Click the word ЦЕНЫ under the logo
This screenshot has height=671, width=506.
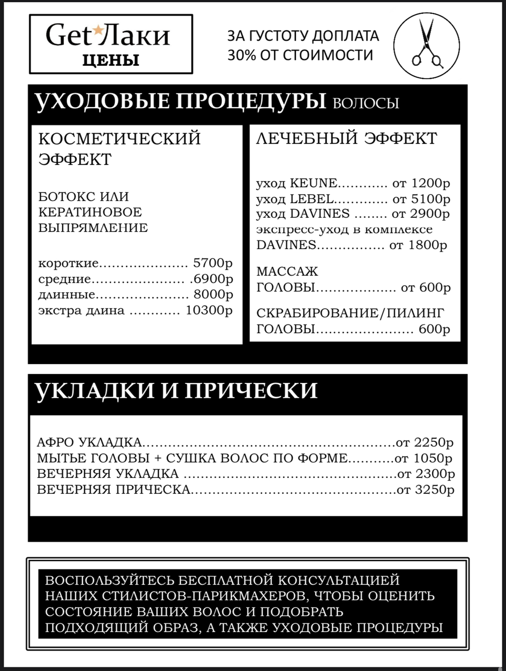coord(111,60)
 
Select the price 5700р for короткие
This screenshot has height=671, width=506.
coord(213,263)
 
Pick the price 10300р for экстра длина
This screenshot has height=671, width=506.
coord(209,310)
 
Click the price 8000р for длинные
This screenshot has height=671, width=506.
coord(213,294)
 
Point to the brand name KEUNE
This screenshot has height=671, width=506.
coord(314,183)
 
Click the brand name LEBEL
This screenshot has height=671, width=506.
coord(312,199)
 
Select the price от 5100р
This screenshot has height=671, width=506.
coord(421,199)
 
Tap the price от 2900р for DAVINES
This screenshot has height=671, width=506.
coord(421,214)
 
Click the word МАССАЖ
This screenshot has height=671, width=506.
coord(287,272)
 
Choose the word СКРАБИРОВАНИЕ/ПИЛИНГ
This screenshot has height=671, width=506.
coord(350,313)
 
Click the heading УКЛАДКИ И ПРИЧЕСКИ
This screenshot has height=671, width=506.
coord(176,390)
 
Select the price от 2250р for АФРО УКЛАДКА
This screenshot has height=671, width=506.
coord(425,442)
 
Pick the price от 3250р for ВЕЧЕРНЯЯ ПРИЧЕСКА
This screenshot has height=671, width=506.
coord(425,489)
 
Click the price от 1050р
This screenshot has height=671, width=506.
coord(423,458)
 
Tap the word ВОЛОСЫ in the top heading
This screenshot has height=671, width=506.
coord(366,103)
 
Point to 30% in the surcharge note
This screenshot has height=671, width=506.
coord(242,55)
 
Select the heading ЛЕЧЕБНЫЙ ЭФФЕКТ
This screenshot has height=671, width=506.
coord(346,138)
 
